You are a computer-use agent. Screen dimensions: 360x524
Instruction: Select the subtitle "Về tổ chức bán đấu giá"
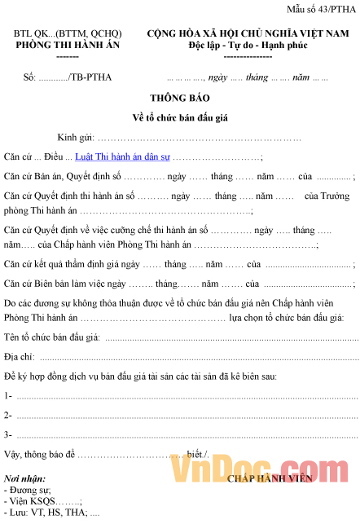(180, 117)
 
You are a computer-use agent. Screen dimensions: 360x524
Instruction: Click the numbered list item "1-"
(8, 395)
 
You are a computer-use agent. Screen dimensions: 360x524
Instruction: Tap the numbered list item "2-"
(8, 415)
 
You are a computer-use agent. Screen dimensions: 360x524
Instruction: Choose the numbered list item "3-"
(8, 434)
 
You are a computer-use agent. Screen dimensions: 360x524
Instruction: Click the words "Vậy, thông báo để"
(39, 453)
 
